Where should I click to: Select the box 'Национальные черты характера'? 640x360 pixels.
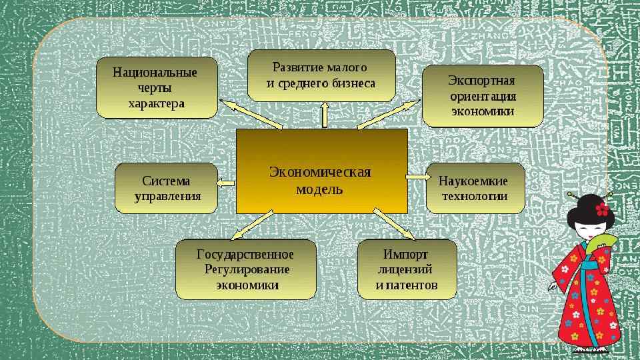point(157,88)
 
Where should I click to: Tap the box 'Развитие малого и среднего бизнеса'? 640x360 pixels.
point(321,75)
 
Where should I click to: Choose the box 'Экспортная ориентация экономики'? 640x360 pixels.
point(483,96)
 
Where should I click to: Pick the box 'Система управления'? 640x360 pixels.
point(167,188)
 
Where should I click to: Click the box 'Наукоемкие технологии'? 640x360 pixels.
point(475,188)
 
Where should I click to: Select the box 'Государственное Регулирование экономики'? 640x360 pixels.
point(245,269)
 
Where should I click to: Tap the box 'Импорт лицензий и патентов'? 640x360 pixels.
point(407,269)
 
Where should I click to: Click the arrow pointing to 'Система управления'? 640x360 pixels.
point(227,183)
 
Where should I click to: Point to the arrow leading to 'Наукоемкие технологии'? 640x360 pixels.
point(417,177)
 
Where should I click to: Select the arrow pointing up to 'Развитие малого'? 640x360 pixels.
point(325,115)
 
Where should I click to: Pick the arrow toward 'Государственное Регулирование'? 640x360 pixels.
point(252,225)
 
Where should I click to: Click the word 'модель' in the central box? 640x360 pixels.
point(319,189)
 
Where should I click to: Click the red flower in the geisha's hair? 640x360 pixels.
point(602,209)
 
